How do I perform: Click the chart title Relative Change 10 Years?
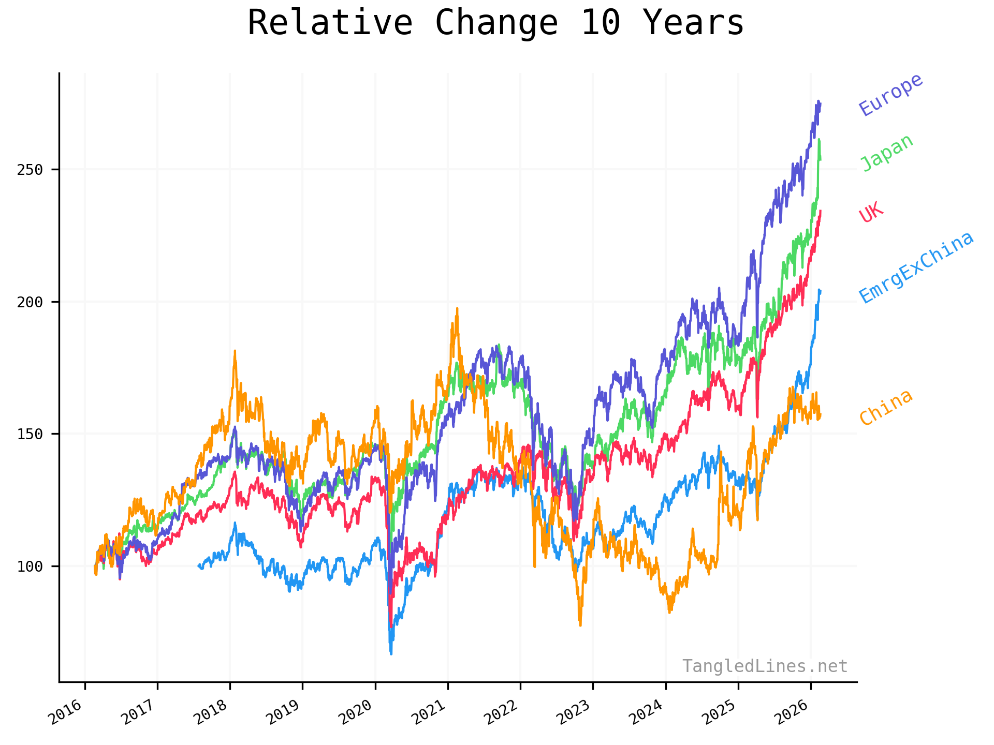495,23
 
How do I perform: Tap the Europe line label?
890,95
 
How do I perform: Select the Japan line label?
886,153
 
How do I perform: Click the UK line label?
871,212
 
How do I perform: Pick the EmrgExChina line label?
916,267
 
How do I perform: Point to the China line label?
886,407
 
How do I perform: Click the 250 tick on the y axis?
30,170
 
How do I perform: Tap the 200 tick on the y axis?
30,302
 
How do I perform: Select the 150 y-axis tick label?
30,434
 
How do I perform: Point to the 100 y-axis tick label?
30,567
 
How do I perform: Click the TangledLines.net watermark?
765,666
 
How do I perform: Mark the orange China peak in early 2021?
457,309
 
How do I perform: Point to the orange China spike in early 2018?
235,351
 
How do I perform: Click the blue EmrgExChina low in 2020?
391,653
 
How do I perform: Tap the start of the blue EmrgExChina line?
199,566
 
